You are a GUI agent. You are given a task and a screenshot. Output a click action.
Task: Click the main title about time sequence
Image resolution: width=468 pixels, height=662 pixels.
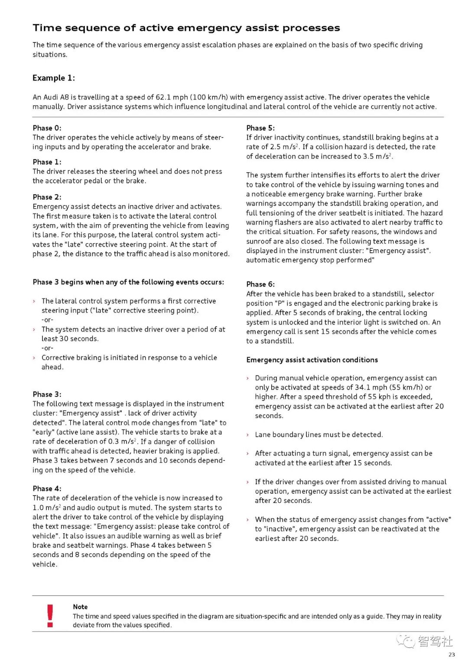point(186,28)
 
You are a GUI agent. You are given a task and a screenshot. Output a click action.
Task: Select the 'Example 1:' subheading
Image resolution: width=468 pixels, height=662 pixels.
point(54,78)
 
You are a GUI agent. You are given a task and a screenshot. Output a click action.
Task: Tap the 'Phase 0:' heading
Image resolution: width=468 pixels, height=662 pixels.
point(47,128)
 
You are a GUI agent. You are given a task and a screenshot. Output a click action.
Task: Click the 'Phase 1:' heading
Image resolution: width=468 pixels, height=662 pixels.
point(47,162)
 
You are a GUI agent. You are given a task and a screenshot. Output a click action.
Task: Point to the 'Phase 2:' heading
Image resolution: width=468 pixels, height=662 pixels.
point(47,197)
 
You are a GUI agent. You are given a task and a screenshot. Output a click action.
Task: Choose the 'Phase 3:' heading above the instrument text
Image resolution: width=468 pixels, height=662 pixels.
point(47,394)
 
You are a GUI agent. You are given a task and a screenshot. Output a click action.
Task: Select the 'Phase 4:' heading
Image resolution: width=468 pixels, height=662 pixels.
point(47,489)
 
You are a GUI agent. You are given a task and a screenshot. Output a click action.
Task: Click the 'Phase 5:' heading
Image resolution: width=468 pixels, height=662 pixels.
point(260,128)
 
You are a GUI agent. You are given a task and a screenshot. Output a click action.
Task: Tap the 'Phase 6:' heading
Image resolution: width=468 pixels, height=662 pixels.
point(260,284)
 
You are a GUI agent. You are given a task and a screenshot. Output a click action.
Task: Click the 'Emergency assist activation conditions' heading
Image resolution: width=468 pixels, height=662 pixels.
point(312,360)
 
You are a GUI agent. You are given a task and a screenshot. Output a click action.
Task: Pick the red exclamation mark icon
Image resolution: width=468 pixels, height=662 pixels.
point(50,616)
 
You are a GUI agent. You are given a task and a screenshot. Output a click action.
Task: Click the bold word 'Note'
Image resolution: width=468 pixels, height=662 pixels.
point(80,607)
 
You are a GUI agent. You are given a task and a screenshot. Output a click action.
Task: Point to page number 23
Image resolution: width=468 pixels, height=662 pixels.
point(452,655)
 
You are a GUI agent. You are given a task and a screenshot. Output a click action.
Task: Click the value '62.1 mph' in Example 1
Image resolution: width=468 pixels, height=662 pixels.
point(172,97)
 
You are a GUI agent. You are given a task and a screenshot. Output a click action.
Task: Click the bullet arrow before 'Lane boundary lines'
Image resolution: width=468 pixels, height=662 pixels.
point(248,435)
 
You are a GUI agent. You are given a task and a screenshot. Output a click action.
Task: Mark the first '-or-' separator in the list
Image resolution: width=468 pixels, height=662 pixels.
point(47,320)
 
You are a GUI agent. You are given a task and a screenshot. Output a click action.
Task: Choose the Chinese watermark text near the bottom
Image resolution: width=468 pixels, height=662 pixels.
point(435,641)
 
